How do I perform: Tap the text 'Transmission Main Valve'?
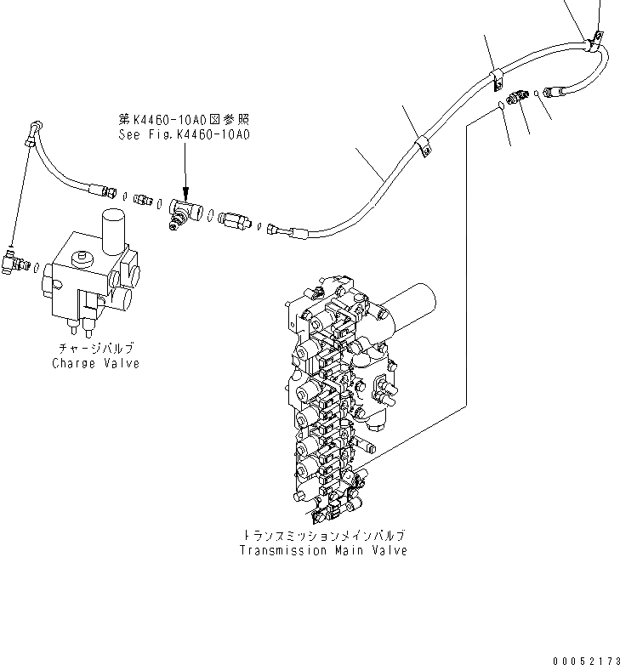(322, 550)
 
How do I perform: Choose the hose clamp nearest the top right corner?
(593, 37)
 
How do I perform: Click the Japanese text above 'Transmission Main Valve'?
(322, 536)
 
